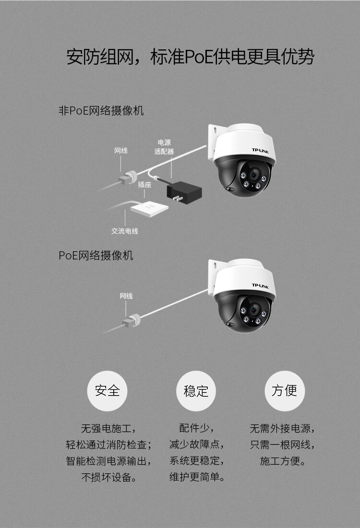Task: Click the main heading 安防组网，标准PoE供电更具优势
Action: (190, 57)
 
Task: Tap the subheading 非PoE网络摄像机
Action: (101, 111)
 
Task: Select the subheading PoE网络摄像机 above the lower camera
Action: (96, 255)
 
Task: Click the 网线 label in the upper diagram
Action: (121, 151)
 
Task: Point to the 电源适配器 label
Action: (164, 147)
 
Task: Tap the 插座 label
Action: (144, 184)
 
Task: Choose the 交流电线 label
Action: (125, 231)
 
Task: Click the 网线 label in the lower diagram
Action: (126, 296)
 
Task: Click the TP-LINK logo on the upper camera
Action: (262, 151)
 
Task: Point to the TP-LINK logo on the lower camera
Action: (262, 285)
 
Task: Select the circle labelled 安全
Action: (107, 391)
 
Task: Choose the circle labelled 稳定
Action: (196, 391)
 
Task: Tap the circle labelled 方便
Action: (285, 391)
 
